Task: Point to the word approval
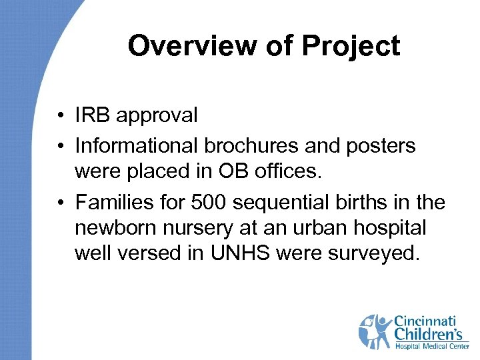coord(157,116)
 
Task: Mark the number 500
coord(204,201)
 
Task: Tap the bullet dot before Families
coord(60,201)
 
